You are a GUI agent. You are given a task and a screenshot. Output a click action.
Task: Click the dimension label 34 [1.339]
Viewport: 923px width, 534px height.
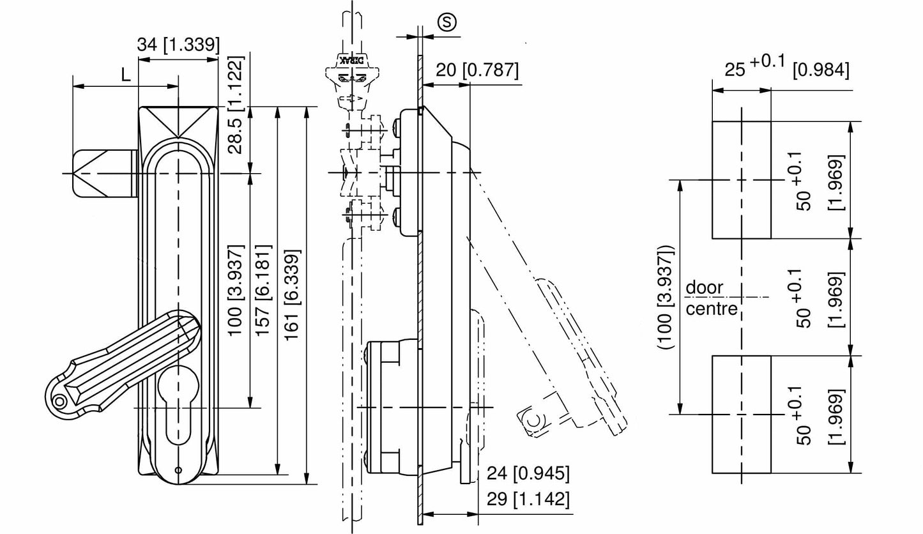point(178,45)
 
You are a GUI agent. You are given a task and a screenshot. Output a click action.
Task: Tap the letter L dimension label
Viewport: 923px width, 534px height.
point(126,75)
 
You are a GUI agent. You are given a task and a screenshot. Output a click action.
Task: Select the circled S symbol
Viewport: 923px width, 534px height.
point(447,22)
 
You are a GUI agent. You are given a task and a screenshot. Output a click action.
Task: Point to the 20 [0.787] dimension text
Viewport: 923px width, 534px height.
point(477,70)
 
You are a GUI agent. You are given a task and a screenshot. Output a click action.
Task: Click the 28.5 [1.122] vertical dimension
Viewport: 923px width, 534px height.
point(235,105)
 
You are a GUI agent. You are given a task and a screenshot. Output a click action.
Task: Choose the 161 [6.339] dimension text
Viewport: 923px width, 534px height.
point(293,294)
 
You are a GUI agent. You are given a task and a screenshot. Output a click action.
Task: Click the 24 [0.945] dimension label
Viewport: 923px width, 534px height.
point(528,473)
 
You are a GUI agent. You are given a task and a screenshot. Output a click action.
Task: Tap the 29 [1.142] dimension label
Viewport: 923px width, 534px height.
point(528,499)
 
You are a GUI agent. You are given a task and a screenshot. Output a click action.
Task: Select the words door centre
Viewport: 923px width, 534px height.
point(711,298)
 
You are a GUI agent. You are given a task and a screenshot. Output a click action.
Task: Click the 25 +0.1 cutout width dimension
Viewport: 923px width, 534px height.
point(786,66)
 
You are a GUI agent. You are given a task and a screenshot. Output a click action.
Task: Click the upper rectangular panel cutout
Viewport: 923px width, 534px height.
point(742,179)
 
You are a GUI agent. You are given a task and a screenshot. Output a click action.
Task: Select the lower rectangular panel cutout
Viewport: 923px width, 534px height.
point(742,414)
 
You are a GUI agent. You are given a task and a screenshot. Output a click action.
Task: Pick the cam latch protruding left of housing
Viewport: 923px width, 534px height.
point(104,173)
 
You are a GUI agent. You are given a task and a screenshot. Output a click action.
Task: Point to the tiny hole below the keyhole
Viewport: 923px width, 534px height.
point(178,471)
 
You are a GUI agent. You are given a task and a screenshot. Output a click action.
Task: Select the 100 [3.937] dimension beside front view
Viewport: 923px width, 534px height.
point(235,294)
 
